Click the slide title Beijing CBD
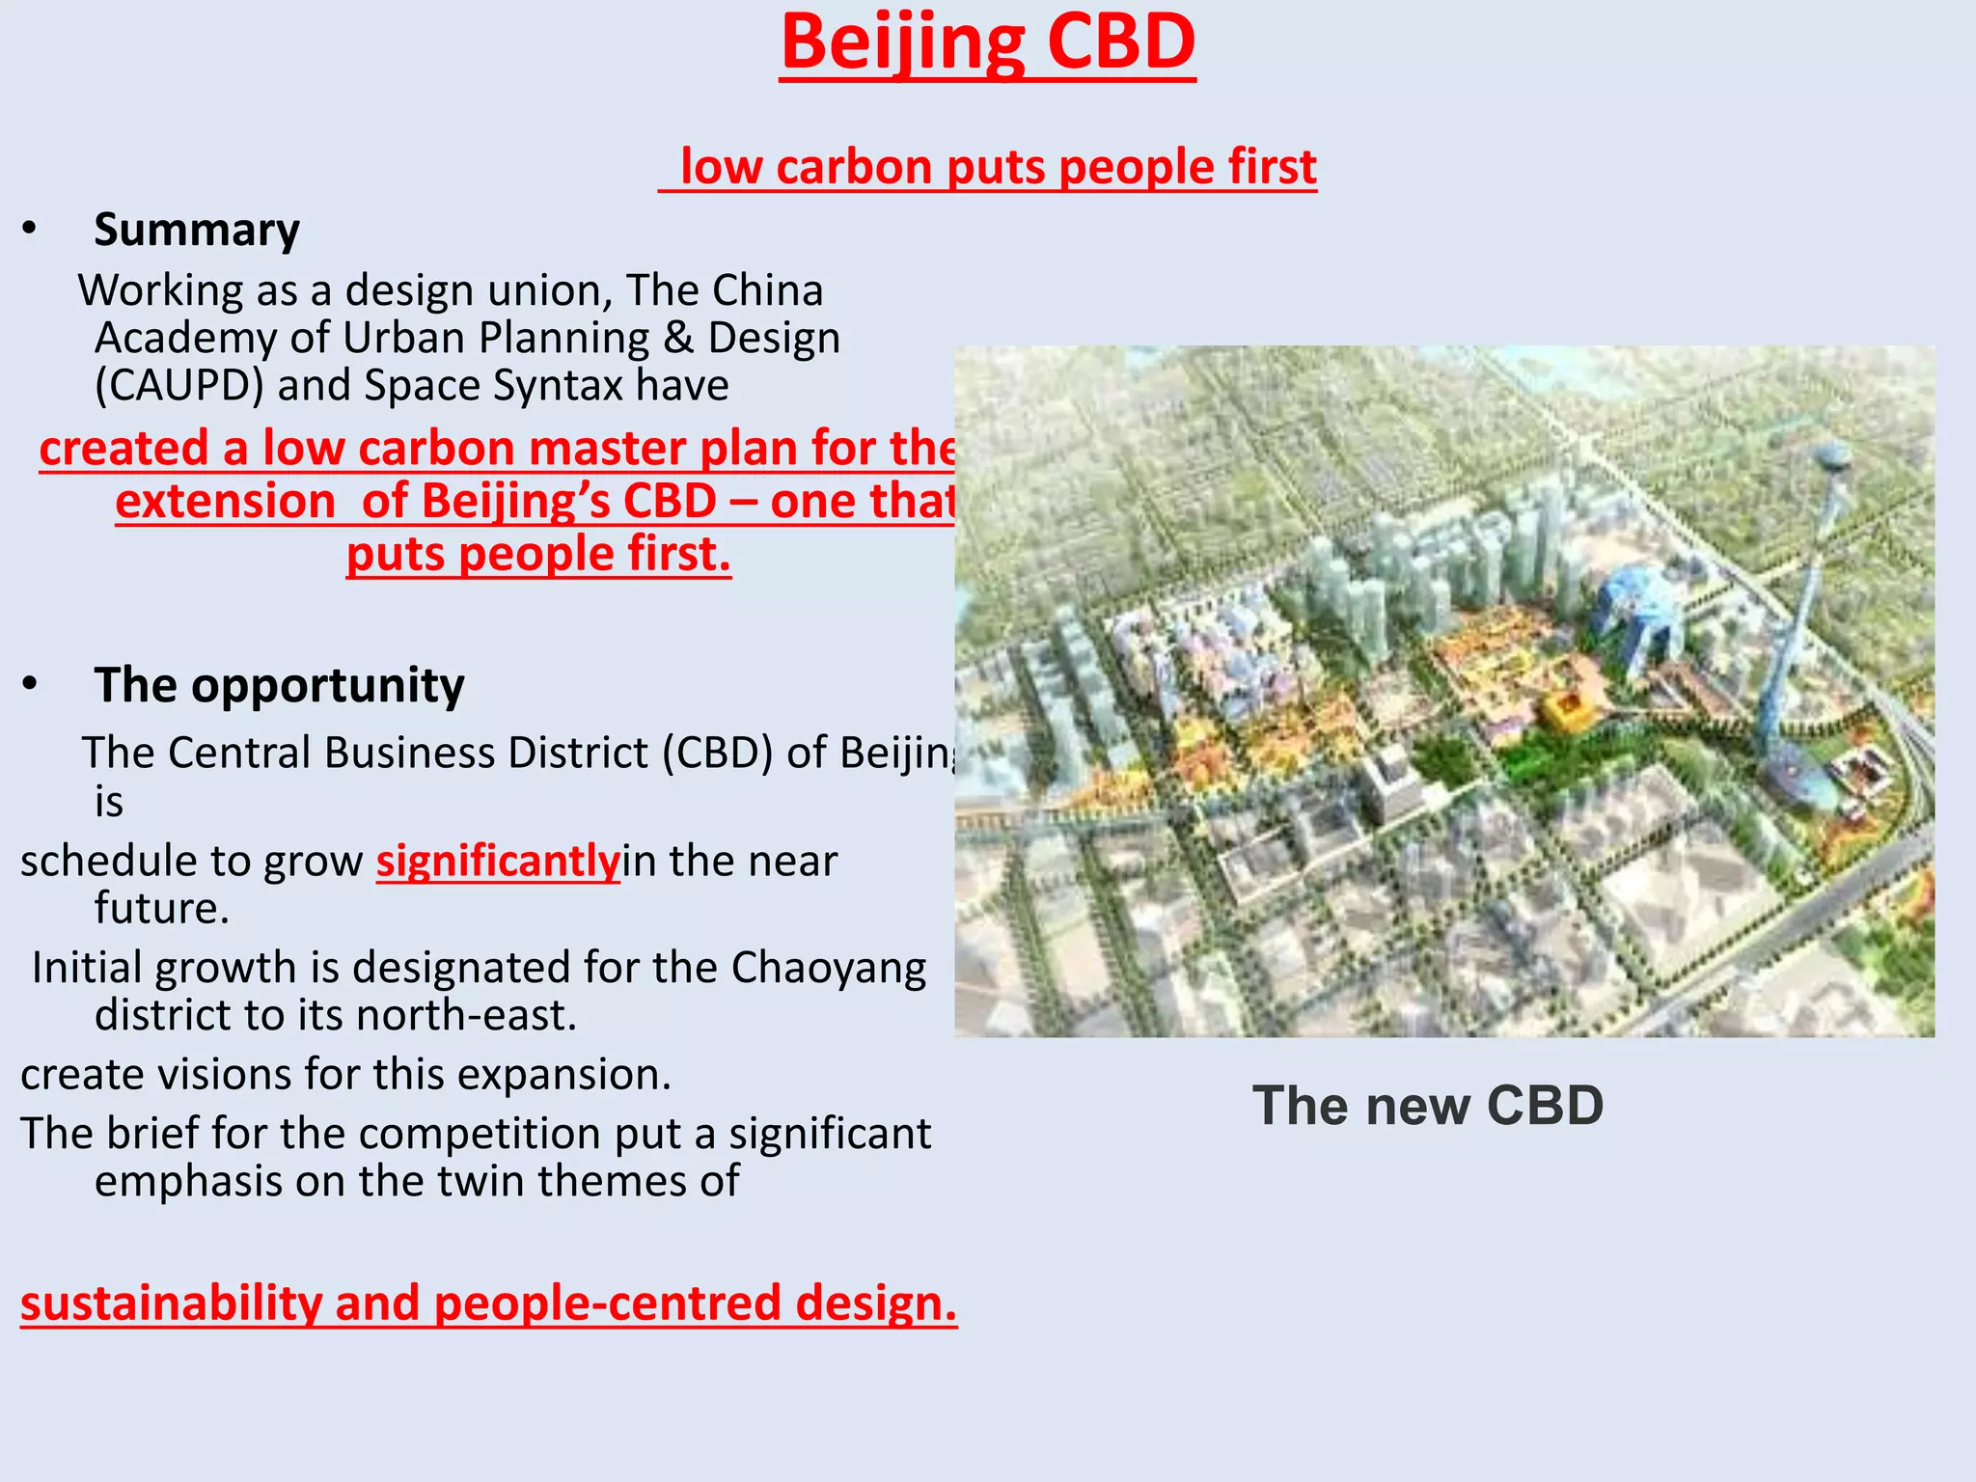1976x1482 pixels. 987,43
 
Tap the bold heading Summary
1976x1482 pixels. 197,230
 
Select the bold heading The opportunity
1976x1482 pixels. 279,685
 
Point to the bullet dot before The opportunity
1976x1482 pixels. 30,684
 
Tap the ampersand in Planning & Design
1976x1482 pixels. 678,338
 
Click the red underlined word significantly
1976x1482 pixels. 498,861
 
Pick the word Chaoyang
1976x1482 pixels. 828,968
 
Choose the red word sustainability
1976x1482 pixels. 171,1304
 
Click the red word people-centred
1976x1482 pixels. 607,1304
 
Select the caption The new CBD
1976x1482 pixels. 1427,1106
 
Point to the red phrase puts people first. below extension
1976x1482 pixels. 538,555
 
